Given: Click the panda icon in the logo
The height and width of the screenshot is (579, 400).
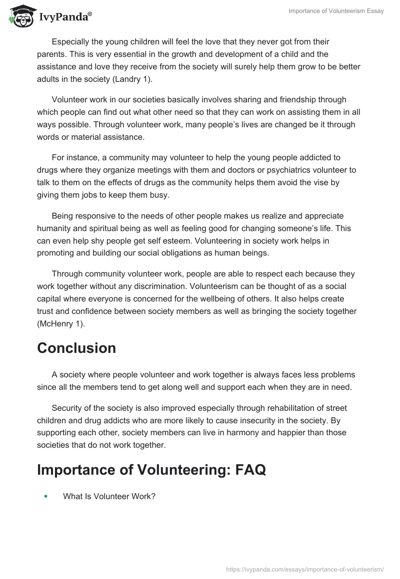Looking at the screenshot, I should click(x=19, y=17).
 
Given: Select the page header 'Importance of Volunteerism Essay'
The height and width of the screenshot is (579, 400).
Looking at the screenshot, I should click(x=336, y=11).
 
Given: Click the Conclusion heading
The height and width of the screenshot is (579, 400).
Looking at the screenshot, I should click(x=76, y=348).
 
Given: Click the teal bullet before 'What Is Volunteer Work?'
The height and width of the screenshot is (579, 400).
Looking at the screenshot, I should click(x=46, y=497).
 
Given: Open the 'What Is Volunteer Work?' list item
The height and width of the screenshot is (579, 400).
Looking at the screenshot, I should click(x=109, y=497).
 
